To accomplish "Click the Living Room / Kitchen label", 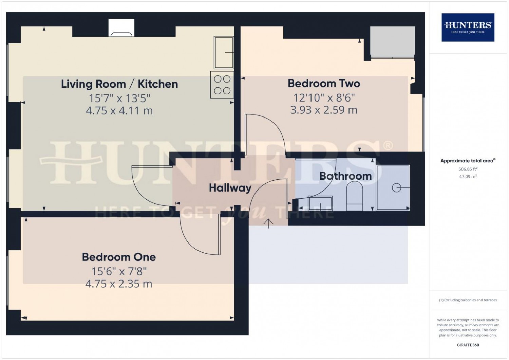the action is pyautogui.click(x=119, y=84).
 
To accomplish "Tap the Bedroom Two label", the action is pyautogui.click(x=324, y=84).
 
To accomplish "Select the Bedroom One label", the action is pyautogui.click(x=119, y=257).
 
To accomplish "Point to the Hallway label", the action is pyautogui.click(x=230, y=188).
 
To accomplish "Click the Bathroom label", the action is pyautogui.click(x=345, y=176).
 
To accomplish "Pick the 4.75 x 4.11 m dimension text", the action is pyautogui.click(x=119, y=111).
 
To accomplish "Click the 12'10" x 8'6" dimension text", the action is pyautogui.click(x=324, y=98).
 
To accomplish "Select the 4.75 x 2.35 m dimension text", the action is pyautogui.click(x=119, y=284).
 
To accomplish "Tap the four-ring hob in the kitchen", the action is pyautogui.click(x=222, y=85).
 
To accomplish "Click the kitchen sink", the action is pyautogui.click(x=224, y=53).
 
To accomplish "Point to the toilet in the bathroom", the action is pyautogui.click(x=354, y=196).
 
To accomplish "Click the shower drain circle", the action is pyautogui.click(x=397, y=188).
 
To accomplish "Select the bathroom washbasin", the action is pyautogui.click(x=320, y=203).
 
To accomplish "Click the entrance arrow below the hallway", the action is pyautogui.click(x=268, y=223).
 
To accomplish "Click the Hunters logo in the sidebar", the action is pyautogui.click(x=468, y=28).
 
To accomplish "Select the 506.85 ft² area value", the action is pyautogui.click(x=468, y=169).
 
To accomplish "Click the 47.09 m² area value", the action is pyautogui.click(x=468, y=176).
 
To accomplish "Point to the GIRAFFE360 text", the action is pyautogui.click(x=468, y=345).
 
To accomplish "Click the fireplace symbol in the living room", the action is pyautogui.click(x=121, y=34).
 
